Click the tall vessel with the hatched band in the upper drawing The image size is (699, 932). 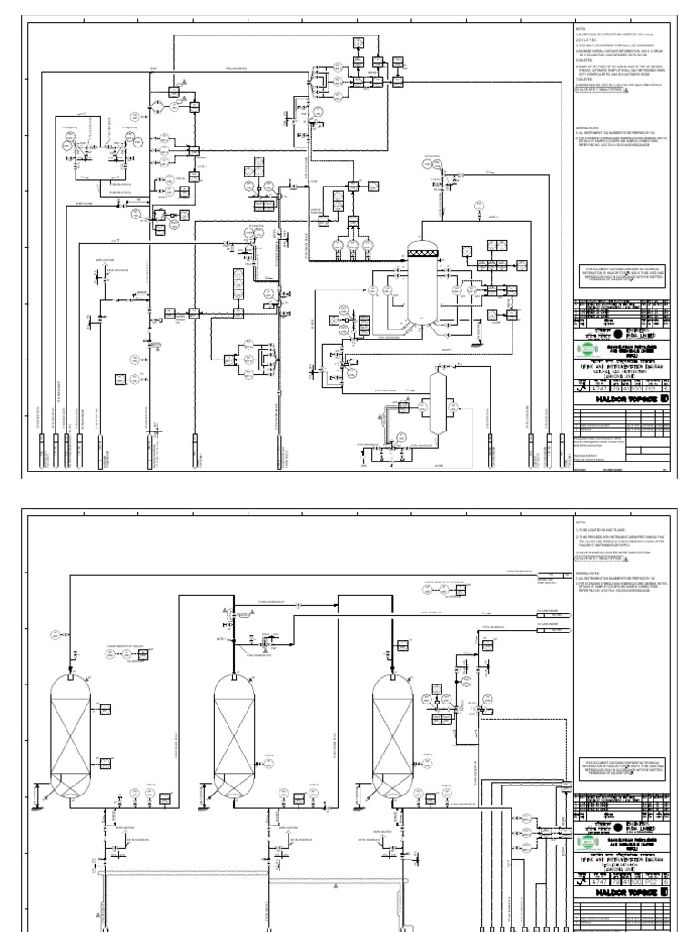[421, 279]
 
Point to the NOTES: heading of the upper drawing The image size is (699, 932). [582, 28]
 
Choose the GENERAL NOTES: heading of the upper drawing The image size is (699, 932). [588, 128]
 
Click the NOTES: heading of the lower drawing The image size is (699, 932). [582, 522]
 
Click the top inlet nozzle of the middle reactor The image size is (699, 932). [233, 674]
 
